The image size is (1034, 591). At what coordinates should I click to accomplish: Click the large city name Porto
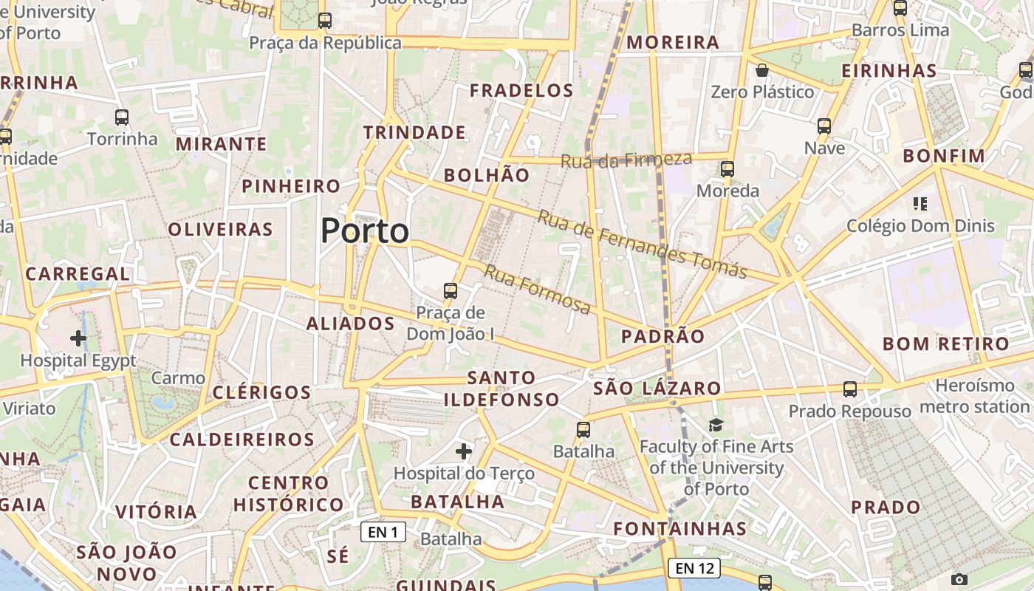point(365,231)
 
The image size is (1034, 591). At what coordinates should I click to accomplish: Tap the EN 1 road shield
point(383,532)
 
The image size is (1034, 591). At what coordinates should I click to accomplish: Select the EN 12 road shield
point(694,568)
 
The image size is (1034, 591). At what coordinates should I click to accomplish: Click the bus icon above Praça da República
point(325,21)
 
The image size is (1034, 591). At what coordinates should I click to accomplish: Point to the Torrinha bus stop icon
point(122,117)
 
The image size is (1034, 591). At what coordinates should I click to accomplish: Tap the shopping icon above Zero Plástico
point(762,70)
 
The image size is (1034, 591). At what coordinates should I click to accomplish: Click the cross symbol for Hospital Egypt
point(78,338)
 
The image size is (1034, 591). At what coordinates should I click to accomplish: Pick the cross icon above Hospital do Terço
point(464,451)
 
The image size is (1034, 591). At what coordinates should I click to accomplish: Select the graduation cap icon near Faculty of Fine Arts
point(716,425)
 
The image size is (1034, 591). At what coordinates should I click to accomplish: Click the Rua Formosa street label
point(537,289)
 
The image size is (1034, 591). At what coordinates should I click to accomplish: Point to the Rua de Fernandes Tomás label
point(642,245)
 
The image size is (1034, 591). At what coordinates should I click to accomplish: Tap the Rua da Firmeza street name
point(626,159)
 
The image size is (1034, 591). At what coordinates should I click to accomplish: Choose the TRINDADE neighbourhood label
point(414,133)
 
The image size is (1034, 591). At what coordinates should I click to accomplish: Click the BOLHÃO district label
point(487,175)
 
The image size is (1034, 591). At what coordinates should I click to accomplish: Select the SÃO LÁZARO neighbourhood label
point(657,388)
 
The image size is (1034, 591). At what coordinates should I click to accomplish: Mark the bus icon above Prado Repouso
point(850,389)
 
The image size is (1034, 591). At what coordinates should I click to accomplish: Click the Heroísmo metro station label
point(975,396)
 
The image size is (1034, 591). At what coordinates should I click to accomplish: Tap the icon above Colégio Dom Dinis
point(920,203)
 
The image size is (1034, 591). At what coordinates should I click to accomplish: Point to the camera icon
point(959,579)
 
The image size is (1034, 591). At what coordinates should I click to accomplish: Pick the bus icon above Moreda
point(727,169)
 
